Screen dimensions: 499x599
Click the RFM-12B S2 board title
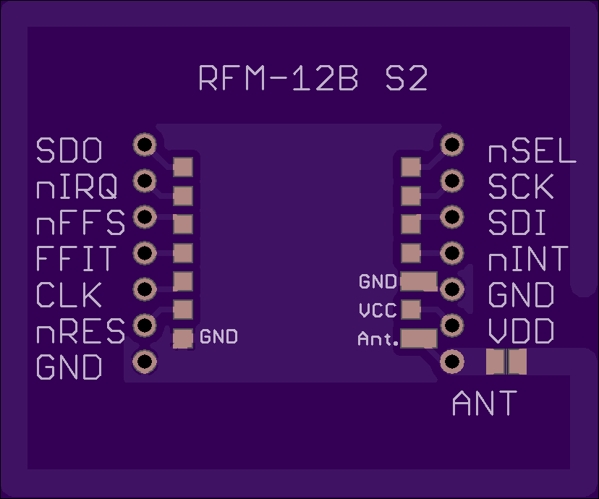point(313,79)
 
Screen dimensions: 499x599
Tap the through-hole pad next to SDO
point(145,145)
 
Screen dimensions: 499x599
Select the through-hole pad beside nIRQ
point(145,180)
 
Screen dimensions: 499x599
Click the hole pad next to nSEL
point(453,145)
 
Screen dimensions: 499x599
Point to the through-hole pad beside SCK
point(453,180)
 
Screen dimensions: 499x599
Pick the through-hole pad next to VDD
point(453,325)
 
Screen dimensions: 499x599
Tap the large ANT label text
point(484,404)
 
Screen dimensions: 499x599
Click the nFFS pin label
point(80,223)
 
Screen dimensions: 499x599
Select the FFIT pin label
point(75,259)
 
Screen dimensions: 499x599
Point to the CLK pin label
point(69,295)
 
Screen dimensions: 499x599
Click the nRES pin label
point(80,332)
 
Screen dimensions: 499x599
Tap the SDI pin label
point(517,223)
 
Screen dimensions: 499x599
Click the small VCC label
point(378,311)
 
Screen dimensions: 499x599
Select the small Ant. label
point(378,338)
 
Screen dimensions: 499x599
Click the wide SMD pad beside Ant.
point(419,338)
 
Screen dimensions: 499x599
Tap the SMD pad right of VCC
point(411,310)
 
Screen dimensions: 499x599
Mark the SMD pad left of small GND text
point(183,337)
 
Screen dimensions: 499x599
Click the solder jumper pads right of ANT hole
point(506,361)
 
